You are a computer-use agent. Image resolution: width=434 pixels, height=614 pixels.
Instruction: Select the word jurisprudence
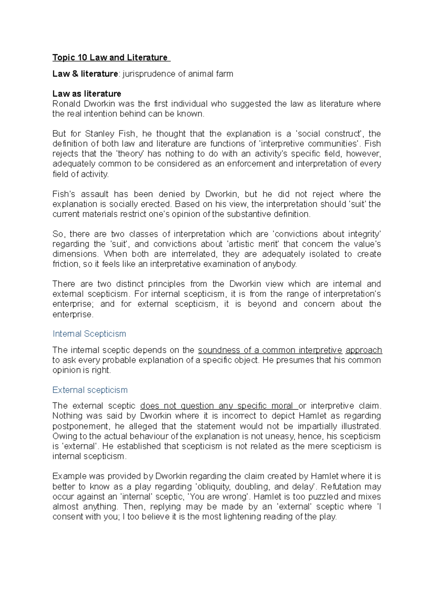pos(148,74)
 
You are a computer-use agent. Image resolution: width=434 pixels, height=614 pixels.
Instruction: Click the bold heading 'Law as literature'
pos(87,94)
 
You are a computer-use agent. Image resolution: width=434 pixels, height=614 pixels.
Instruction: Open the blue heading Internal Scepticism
pos(89,334)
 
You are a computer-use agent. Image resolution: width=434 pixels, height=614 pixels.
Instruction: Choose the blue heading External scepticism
pos(90,390)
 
